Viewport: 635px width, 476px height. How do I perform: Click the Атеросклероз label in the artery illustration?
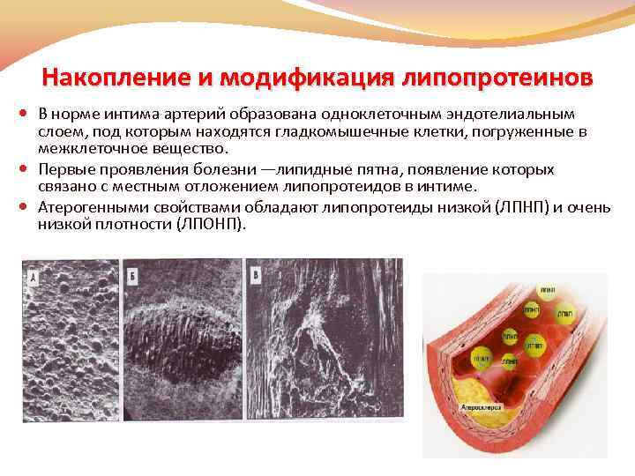tap(480, 407)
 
